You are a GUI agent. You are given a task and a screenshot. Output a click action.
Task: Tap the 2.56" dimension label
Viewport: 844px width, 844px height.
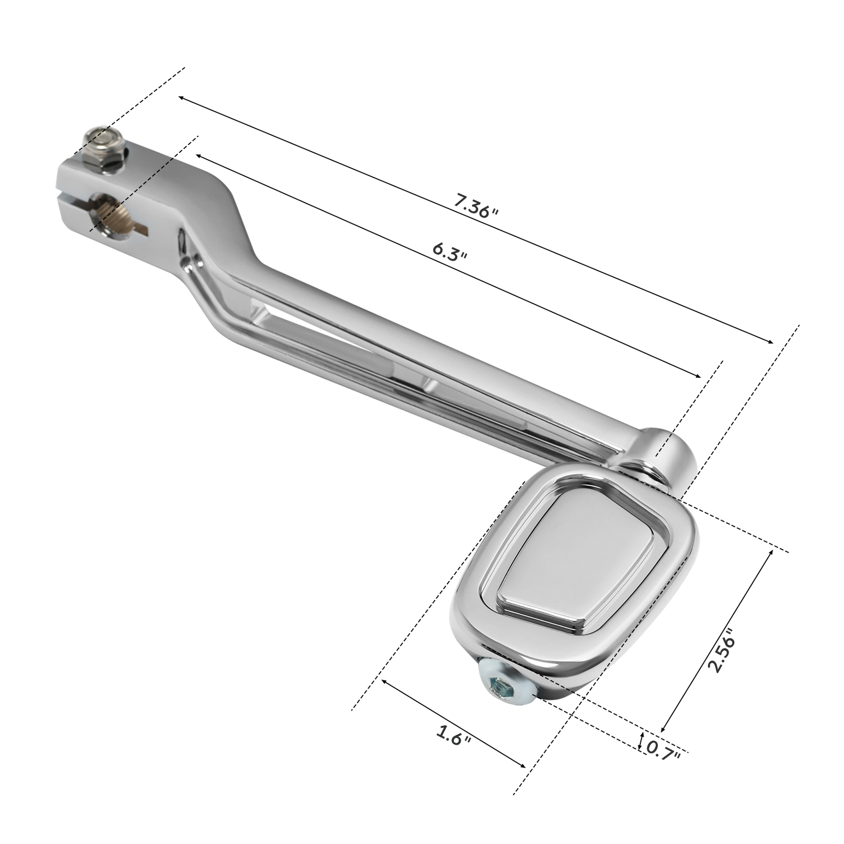[722, 650]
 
